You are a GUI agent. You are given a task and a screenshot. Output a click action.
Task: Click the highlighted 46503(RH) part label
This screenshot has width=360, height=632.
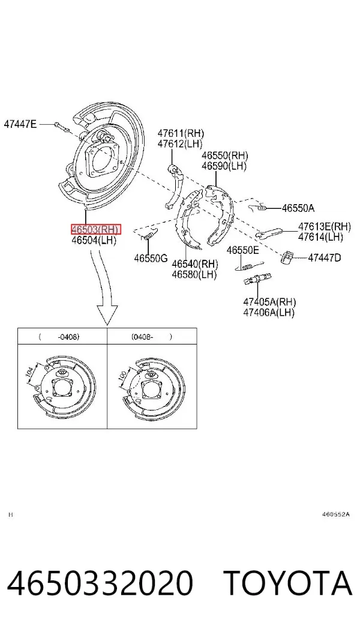(95, 229)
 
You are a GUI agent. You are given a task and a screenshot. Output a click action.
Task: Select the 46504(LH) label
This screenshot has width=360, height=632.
(94, 241)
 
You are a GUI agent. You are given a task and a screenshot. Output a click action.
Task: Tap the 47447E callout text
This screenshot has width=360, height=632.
(20, 124)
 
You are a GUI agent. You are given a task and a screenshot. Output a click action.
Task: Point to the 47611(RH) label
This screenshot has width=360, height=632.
(181, 133)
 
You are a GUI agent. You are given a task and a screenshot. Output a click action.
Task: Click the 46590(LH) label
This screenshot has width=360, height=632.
(224, 166)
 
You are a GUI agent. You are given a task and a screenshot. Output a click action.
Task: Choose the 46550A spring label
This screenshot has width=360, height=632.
(298, 208)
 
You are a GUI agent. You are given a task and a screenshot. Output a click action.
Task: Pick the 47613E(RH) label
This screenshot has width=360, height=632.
(325, 226)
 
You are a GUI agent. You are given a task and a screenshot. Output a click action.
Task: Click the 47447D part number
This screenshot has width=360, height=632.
(325, 257)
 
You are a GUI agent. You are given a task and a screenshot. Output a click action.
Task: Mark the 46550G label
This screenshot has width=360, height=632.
(151, 258)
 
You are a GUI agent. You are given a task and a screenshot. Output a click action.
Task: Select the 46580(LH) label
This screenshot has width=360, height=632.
(194, 274)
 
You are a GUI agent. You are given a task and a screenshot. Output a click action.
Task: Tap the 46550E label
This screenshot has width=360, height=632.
(242, 250)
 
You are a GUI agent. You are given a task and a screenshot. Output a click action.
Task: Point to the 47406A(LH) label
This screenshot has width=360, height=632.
(269, 312)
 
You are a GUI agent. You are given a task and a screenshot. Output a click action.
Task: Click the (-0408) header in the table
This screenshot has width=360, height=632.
(59, 337)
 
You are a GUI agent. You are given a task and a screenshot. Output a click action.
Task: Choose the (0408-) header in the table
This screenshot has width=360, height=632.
(152, 337)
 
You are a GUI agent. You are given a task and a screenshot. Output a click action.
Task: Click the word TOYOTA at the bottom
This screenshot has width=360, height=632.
(288, 583)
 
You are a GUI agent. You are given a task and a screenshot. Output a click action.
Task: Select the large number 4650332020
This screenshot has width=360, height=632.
(100, 583)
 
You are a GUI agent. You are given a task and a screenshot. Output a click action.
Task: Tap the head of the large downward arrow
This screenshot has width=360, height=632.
(107, 314)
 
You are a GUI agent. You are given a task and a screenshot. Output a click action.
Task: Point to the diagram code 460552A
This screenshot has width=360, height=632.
(336, 514)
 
